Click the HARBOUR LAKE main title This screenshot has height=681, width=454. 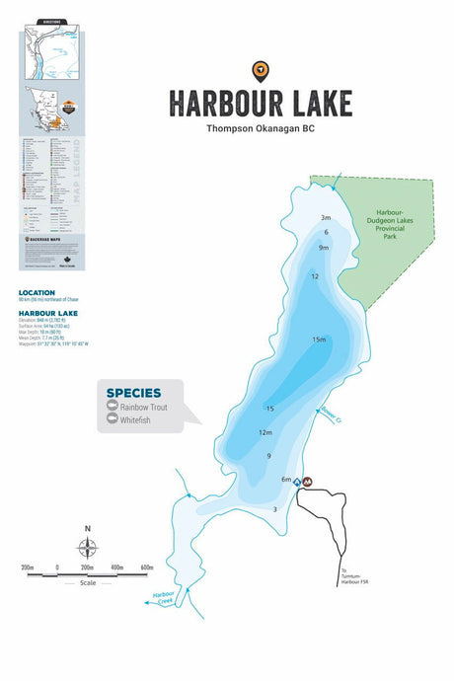coord(260,102)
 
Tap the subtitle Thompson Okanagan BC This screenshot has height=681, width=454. coord(260,128)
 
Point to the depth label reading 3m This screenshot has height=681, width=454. coord(326,217)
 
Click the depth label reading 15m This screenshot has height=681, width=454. coord(319,340)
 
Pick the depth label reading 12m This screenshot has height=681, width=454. coord(265,432)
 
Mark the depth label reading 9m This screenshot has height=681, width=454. coord(323,248)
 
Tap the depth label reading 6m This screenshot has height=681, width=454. coord(285,479)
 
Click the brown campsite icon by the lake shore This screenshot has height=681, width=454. coord(308,482)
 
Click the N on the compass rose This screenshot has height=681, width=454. coord(88,529)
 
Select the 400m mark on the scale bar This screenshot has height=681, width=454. coord(116,567)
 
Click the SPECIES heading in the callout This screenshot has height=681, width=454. coord(133,393)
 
